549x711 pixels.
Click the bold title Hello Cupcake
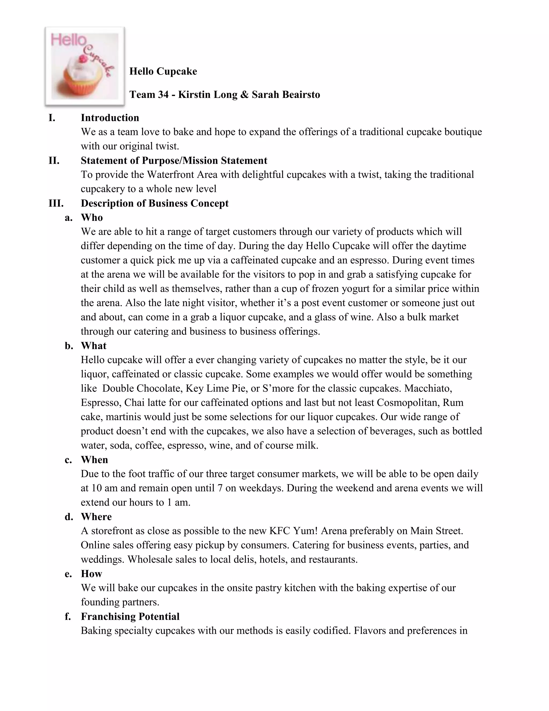point(163,71)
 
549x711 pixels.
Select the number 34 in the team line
point(163,95)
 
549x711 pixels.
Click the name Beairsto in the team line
point(301,95)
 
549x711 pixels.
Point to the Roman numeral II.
point(54,160)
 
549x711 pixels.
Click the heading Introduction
point(110,118)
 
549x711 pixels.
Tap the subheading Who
point(92,218)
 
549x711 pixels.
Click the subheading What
point(94,346)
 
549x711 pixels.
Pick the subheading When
point(94,460)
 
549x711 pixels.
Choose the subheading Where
point(96,517)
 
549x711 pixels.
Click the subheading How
point(91,574)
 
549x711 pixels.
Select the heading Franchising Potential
point(130,617)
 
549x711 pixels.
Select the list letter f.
point(68,617)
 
